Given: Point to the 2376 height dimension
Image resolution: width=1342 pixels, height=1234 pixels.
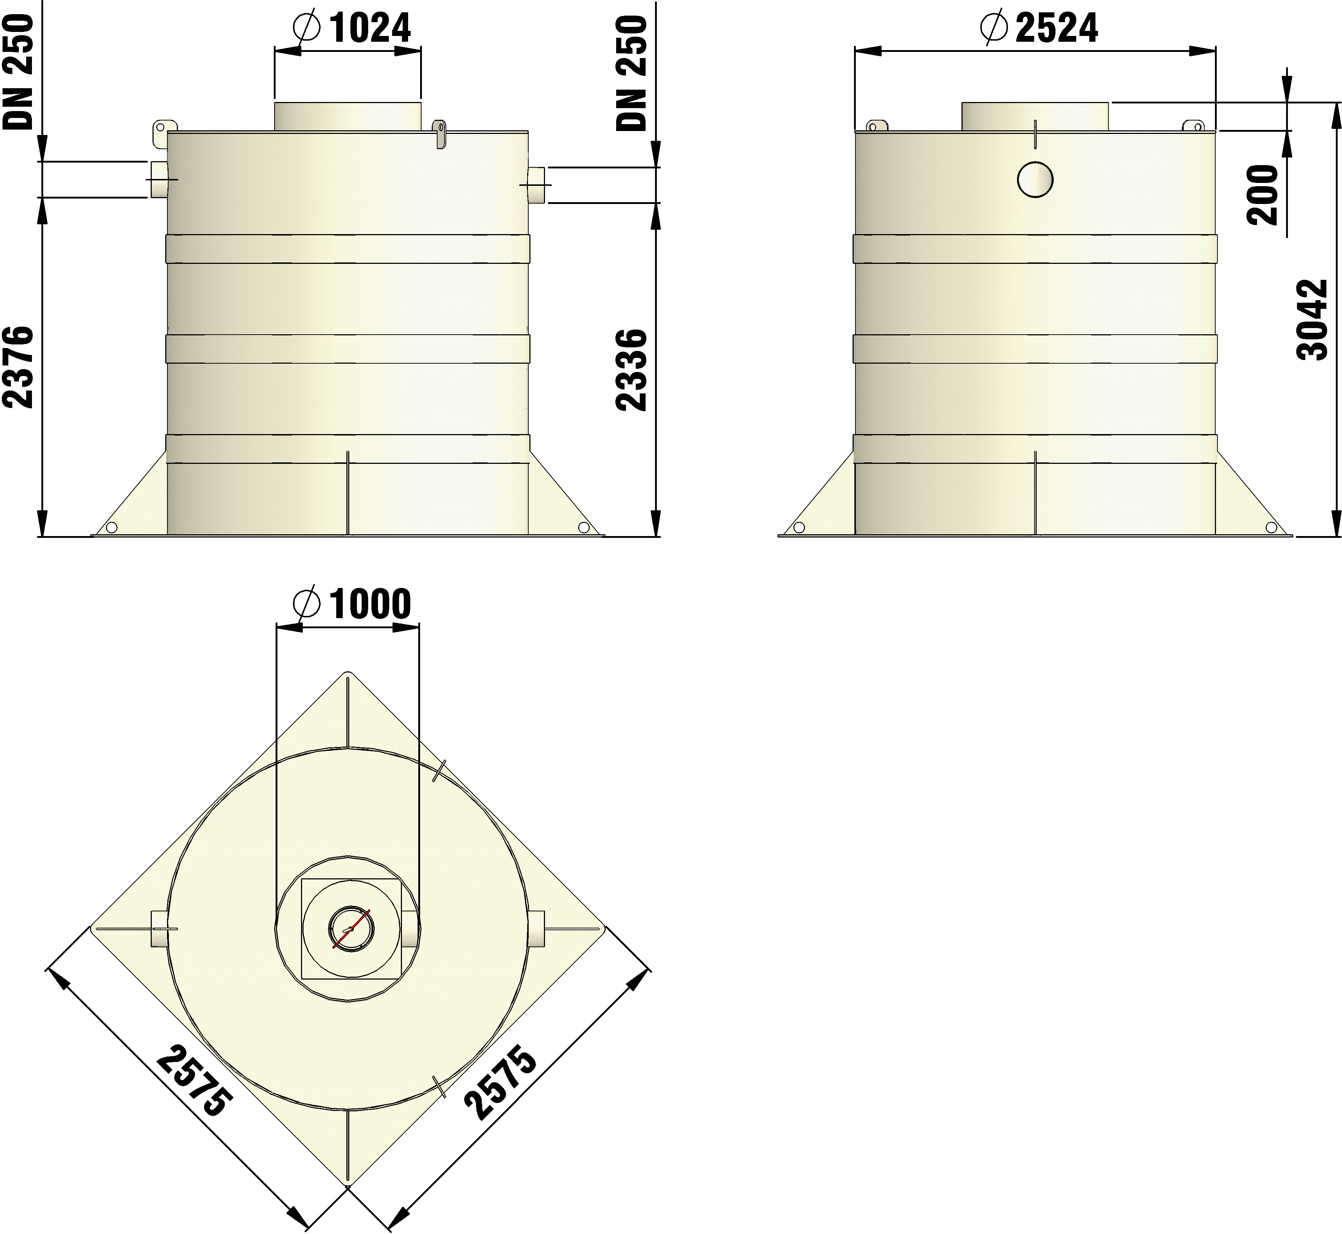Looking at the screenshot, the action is coord(18,367).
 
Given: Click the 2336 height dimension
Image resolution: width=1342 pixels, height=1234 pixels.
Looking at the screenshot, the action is coord(632,369).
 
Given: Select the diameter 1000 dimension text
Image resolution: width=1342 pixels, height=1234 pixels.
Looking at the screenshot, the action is coord(352,604).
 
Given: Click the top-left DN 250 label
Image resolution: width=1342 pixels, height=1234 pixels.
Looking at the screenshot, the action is coord(18,72).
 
